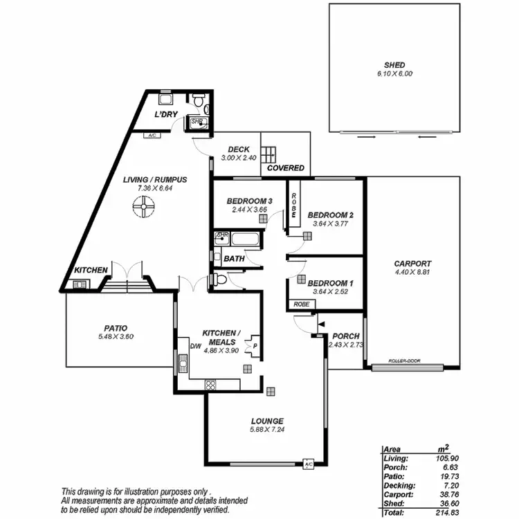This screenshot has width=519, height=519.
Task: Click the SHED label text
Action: point(394,65)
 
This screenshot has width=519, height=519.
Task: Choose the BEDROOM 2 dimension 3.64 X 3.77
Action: point(331,224)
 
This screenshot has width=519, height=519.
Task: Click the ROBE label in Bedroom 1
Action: point(300,304)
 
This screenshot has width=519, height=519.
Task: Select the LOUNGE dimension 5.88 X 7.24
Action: point(267,430)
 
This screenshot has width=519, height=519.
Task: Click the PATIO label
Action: point(116,328)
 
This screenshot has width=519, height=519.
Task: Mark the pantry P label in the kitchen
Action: point(255,346)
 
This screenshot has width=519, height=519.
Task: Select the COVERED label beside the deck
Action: point(285,168)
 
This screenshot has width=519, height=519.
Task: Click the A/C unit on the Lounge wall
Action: point(309,464)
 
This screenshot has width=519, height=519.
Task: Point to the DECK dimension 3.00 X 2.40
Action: point(239,158)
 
